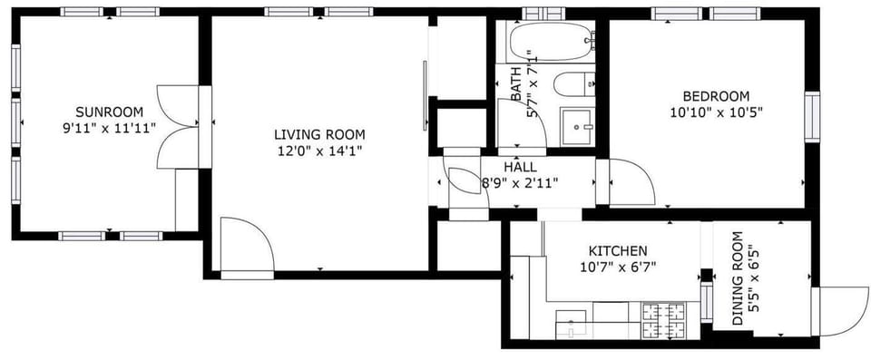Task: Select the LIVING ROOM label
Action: (319, 134)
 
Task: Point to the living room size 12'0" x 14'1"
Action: (319, 151)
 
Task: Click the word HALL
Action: (520, 167)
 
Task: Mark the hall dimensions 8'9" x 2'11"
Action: (520, 182)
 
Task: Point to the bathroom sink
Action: (577, 123)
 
